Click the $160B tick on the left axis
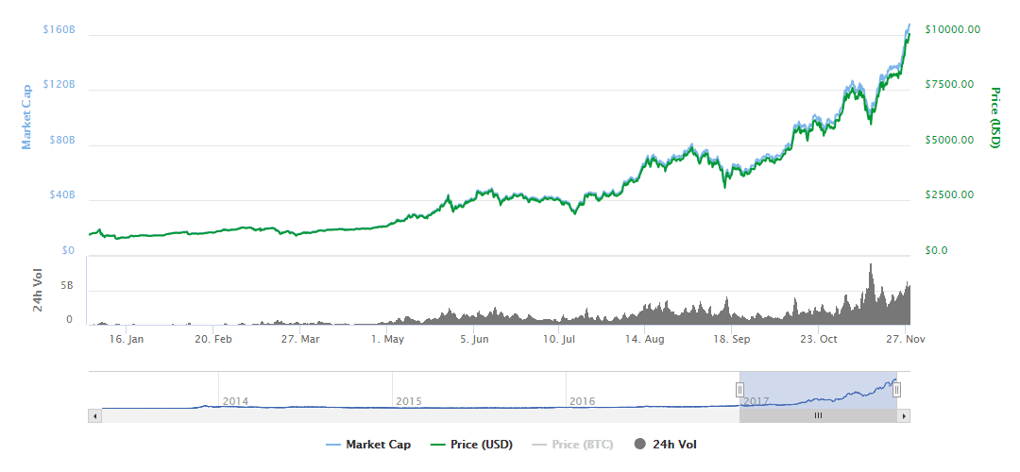(59, 29)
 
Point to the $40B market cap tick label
(61, 195)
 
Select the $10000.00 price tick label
(952, 29)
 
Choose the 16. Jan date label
(126, 339)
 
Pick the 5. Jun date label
(475, 339)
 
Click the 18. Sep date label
(731, 339)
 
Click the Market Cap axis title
(27, 115)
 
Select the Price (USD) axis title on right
(994, 118)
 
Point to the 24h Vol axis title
(38, 291)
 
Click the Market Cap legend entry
(368, 444)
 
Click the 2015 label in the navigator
(408, 401)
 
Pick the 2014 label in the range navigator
(235, 401)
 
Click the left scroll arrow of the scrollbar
(93, 415)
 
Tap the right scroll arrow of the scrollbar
(904, 415)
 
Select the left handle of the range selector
(739, 389)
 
